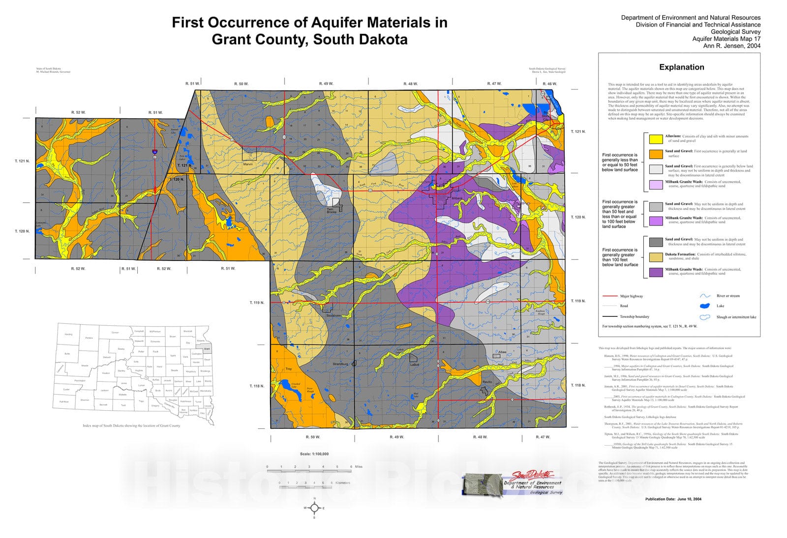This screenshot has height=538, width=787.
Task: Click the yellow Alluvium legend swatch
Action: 656,139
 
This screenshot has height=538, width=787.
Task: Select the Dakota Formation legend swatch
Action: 656,257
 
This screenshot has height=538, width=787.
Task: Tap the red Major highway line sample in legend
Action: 610,296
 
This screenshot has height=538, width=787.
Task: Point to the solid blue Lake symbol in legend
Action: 705,306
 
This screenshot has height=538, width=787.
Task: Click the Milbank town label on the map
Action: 457,198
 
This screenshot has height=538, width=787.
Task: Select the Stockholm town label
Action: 333,315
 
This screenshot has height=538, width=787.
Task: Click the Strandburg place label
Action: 340,364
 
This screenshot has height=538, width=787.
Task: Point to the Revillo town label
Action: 487,382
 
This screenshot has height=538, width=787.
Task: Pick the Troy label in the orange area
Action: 289,369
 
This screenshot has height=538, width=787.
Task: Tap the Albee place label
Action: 502,352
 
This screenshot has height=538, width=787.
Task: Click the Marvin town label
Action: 248,164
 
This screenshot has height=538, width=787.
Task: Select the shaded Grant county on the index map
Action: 207,349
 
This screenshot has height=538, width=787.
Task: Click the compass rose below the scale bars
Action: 315,508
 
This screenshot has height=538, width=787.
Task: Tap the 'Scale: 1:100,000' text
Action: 314,454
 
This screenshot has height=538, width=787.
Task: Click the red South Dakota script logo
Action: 533,476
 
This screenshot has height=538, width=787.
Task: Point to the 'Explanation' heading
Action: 681,67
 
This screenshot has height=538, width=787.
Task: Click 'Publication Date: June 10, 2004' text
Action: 673,499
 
